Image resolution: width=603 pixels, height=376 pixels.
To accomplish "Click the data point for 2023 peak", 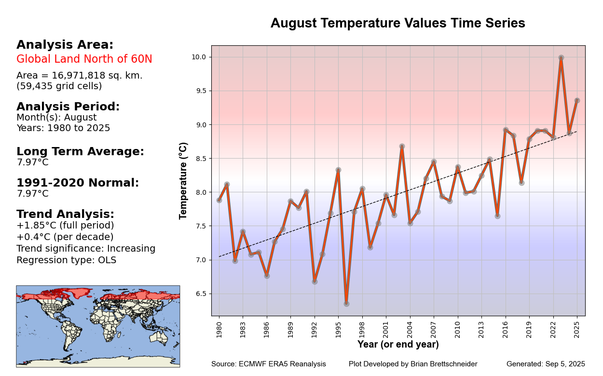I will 561,58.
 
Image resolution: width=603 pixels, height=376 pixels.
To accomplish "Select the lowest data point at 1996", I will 346,304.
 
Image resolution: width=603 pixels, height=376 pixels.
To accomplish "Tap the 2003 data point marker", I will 402,146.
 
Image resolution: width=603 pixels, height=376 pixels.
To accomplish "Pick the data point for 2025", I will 577,100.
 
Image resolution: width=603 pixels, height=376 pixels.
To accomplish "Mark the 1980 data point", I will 219,200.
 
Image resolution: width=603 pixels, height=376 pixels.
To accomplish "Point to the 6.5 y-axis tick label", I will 200,294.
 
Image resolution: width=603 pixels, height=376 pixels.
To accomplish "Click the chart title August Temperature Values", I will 397,23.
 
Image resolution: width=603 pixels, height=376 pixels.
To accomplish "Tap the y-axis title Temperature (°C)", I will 183,181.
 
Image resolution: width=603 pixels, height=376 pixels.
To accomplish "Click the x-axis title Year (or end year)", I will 398,345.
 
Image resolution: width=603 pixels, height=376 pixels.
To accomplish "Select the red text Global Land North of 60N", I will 84,59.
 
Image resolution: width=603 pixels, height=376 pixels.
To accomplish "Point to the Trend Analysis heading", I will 65,214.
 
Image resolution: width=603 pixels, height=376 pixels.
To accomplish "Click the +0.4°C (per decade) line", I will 65,237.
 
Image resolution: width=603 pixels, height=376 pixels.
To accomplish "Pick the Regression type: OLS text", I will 66,260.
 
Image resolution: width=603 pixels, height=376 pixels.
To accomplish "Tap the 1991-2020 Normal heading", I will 77,183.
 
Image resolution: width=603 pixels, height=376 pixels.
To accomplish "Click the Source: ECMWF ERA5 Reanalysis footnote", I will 268,364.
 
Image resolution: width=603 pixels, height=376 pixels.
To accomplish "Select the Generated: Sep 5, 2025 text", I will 546,364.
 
